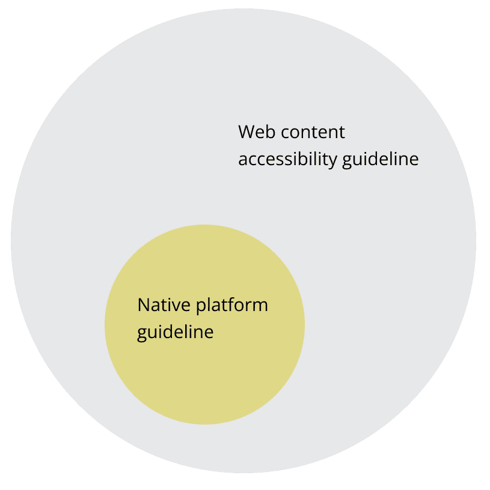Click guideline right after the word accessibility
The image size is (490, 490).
click(379, 160)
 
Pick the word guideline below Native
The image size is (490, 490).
click(175, 332)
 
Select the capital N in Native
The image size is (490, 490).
click(143, 304)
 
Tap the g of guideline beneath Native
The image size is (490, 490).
click(142, 333)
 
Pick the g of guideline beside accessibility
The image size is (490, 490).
click(346, 161)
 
